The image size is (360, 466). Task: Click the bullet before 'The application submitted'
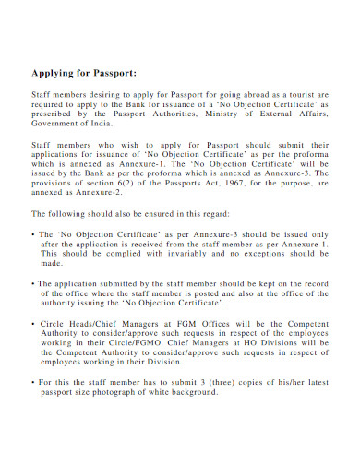point(34,284)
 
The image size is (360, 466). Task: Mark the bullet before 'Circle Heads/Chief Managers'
point(34,325)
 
